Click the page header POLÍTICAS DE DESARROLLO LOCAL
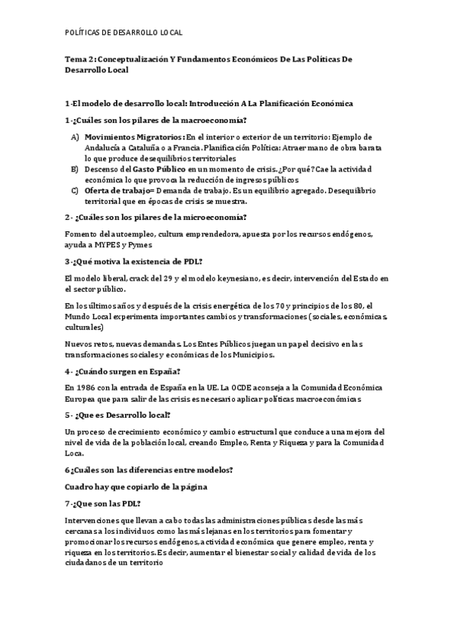click(x=124, y=33)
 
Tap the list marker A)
click(x=76, y=136)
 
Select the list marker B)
click(x=76, y=168)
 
